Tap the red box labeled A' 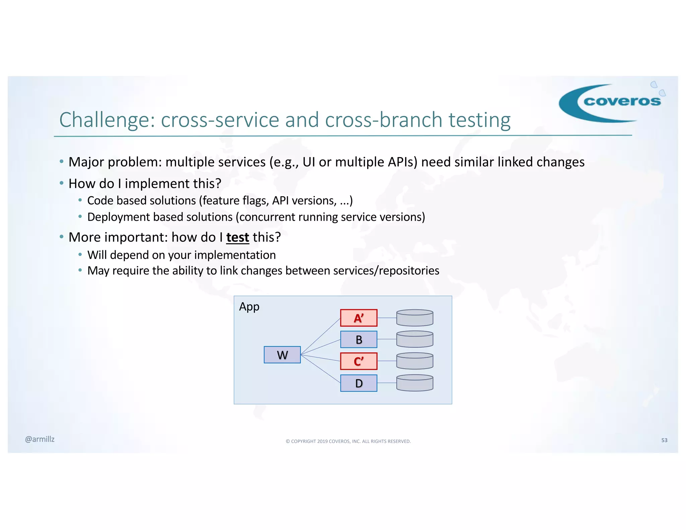pyautogui.click(x=358, y=318)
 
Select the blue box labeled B pyautogui.click(x=358, y=339)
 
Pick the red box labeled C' pyautogui.click(x=358, y=361)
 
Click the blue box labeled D pyautogui.click(x=358, y=383)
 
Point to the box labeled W pyautogui.click(x=282, y=355)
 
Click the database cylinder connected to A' pyautogui.click(x=415, y=318)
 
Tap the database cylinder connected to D pyautogui.click(x=415, y=383)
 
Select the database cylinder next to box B pyautogui.click(x=415, y=339)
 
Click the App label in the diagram pyautogui.click(x=249, y=307)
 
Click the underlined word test pyautogui.click(x=237, y=237)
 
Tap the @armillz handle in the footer pyautogui.click(x=40, y=439)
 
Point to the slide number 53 pyautogui.click(x=664, y=440)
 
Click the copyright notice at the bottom pyautogui.click(x=348, y=441)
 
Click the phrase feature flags pyautogui.click(x=234, y=201)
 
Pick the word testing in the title pyautogui.click(x=479, y=120)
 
